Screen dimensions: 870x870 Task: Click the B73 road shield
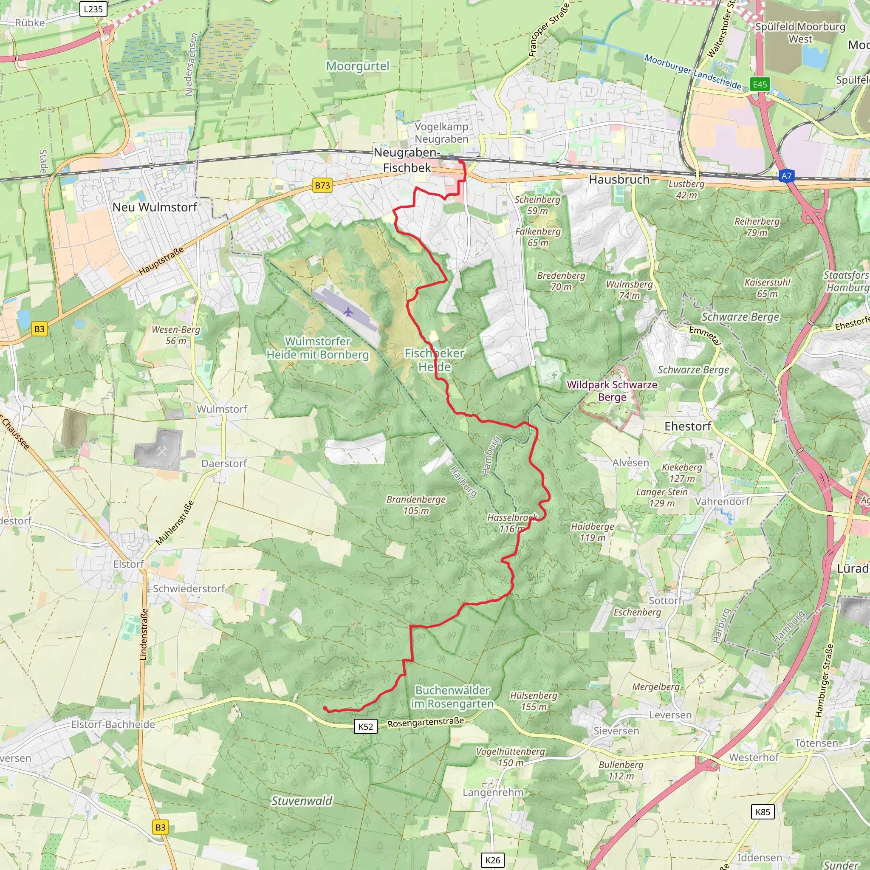pos(322,185)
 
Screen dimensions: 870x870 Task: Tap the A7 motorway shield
pos(786,176)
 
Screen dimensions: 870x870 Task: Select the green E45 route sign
pos(760,84)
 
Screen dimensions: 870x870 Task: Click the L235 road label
pos(93,9)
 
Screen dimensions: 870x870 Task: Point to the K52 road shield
pos(365,726)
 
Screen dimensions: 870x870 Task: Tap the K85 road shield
pos(763,812)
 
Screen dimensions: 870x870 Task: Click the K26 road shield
pos(493,860)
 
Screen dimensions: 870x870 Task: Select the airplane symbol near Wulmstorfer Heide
pos(348,312)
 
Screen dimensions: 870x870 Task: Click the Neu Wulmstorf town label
pos(155,207)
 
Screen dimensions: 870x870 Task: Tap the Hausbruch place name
pos(619,180)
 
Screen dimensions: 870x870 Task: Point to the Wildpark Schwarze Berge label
pos(612,391)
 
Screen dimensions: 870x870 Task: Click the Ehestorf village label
pos(688,427)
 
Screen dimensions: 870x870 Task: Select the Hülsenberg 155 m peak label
pos(534,701)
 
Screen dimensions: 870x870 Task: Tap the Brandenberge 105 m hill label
pos(416,505)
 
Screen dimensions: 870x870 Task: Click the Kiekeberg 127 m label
pos(682,473)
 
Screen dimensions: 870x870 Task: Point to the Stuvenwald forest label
pos(301,801)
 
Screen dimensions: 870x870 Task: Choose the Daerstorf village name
pos(224,463)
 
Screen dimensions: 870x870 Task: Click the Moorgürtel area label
pos(358,66)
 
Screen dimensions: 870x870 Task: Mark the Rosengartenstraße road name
pos(426,722)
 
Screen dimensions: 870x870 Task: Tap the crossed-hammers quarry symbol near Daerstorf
pos(162,452)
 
